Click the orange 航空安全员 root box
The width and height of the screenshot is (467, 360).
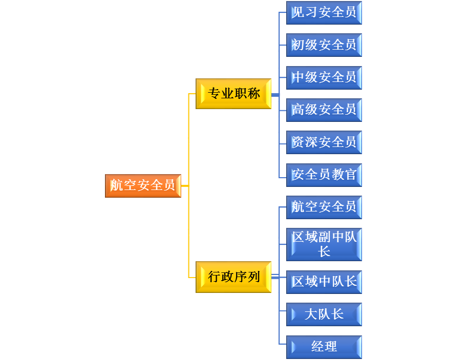click(x=143, y=185)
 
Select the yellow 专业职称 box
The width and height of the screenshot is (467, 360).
click(x=233, y=94)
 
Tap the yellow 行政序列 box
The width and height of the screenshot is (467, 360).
click(x=233, y=277)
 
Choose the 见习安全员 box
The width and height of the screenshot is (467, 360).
click(x=324, y=12)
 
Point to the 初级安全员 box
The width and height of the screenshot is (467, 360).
click(x=324, y=45)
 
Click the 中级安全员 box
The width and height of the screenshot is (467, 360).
click(x=324, y=77)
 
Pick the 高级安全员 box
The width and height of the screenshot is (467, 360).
click(x=324, y=110)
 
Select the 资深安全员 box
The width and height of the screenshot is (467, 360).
click(x=324, y=142)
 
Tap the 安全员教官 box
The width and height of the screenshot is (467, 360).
click(x=324, y=175)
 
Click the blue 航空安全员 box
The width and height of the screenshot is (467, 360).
click(x=324, y=207)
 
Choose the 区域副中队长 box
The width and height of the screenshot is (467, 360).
click(x=324, y=244)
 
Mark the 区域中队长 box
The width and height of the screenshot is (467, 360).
click(x=324, y=282)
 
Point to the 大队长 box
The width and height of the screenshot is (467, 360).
click(x=324, y=314)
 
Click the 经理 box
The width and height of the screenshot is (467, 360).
click(x=324, y=347)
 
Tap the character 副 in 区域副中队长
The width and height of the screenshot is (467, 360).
click(x=324, y=237)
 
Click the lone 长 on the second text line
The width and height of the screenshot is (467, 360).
click(x=324, y=251)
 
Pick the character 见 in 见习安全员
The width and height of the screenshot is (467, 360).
click(x=298, y=12)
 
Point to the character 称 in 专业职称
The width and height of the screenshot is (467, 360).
click(x=253, y=94)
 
